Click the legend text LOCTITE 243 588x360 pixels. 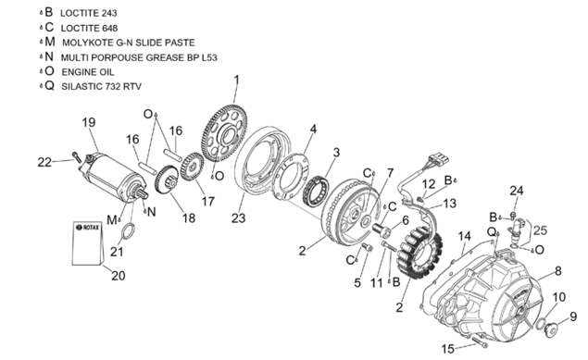tap(89, 13)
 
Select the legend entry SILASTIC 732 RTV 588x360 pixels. tap(101, 87)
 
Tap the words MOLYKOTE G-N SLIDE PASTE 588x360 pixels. tap(129, 43)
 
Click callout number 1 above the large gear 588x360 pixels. tap(236, 81)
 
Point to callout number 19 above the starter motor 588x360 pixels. tap(89, 122)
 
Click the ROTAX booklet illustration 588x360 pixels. tap(88, 243)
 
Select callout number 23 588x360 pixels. tap(239, 217)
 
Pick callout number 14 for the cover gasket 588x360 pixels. tap(464, 236)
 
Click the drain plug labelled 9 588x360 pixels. tap(549, 330)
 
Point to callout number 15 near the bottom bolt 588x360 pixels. tap(448, 349)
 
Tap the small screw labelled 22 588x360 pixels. tap(77, 157)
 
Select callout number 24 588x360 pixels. tap(516, 191)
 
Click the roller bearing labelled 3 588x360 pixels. tap(316, 191)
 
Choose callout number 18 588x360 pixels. tap(189, 218)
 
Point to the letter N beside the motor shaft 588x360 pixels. tap(152, 213)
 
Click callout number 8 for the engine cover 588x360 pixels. tap(558, 271)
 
